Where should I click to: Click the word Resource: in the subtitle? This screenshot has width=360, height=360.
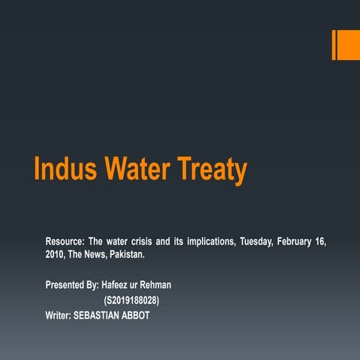pos(64,241)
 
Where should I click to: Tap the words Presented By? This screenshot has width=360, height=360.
pos(72,285)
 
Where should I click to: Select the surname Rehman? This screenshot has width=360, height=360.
pos(157,285)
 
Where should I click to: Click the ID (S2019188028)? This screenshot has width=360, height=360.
pos(131,300)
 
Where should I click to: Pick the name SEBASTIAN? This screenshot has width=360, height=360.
pos(100,315)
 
